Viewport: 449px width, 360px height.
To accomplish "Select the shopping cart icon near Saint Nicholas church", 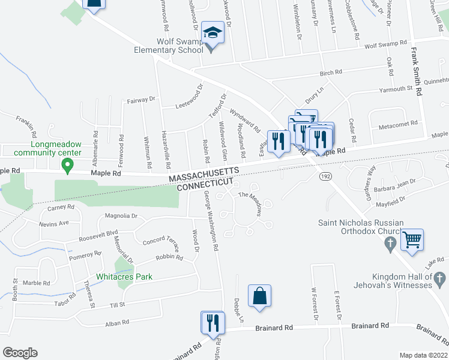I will tap(412, 239).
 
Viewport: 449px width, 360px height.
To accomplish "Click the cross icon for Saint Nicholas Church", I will tap(390, 244).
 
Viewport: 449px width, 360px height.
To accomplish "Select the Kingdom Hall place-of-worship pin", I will tap(440, 279).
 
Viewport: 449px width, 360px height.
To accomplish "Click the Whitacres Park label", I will tap(124, 277).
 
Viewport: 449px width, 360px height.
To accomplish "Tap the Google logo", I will tap(20, 353).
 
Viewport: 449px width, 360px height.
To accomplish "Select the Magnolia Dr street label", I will tap(121, 216).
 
